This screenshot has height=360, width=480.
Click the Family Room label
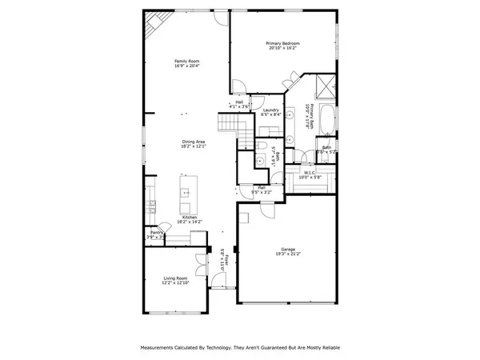point(187,61)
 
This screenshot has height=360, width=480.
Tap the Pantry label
point(155,232)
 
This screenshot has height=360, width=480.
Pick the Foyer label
point(226,260)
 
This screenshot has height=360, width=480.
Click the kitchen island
point(186,193)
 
